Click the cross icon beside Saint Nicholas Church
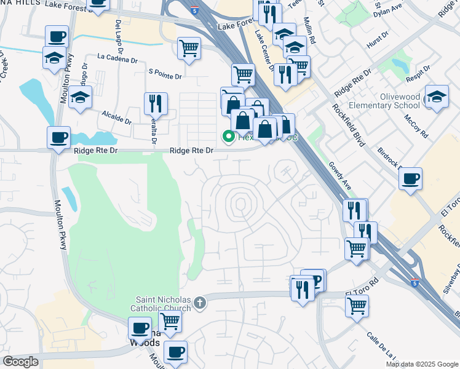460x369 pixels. tap(199, 303)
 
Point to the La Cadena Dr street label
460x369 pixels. tap(117, 60)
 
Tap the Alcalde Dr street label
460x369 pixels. tap(117, 116)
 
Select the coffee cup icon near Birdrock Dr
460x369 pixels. tap(410, 178)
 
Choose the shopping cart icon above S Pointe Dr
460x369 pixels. tap(189, 47)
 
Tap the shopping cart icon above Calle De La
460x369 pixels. tap(357, 305)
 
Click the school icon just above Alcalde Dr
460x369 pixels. tap(80, 97)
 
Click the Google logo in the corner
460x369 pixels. tap(20, 362)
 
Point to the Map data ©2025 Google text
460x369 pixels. tap(421, 364)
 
